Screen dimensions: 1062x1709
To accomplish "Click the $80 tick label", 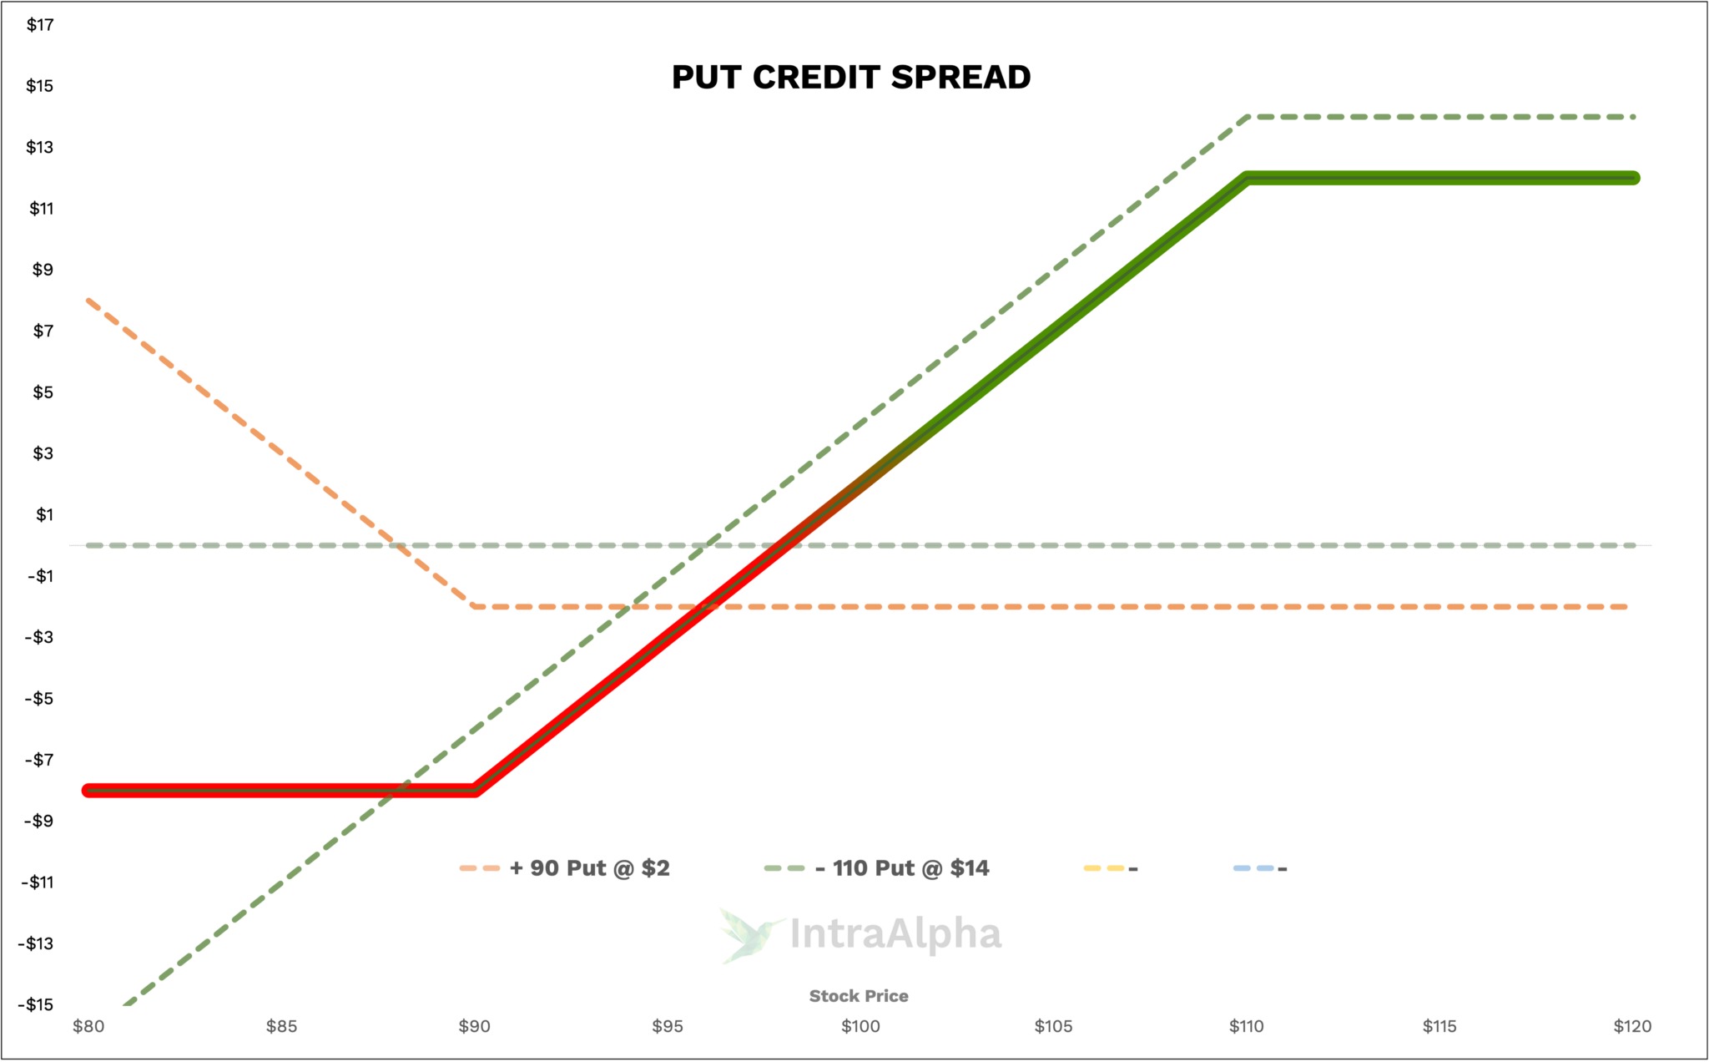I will click(x=88, y=1026).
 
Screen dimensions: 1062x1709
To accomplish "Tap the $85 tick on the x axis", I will click(x=282, y=1026).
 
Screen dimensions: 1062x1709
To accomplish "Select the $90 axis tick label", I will click(x=475, y=1026).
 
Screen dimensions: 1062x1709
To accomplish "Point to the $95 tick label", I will click(x=668, y=1026).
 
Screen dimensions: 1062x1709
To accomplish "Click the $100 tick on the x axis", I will click(x=860, y=1026).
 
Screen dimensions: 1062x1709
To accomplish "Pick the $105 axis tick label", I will click(x=1053, y=1026).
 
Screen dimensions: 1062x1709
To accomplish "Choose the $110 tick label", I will click(x=1246, y=1026).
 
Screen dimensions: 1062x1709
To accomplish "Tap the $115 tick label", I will click(x=1439, y=1026).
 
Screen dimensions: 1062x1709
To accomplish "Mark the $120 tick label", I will click(x=1632, y=1026).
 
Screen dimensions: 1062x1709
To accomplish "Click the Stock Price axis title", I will click(x=859, y=996).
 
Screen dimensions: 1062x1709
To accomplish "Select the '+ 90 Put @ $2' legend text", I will click(x=589, y=868).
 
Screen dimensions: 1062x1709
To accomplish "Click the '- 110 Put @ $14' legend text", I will click(x=902, y=868).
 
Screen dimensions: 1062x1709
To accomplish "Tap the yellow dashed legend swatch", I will click(x=1103, y=868).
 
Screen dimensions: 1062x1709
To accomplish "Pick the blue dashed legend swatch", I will click(x=1253, y=868).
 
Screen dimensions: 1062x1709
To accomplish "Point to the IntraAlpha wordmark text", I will click(x=895, y=934).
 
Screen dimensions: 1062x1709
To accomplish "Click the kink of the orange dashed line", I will click(x=473, y=605).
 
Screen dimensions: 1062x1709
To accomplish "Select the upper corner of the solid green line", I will click(x=1247, y=177).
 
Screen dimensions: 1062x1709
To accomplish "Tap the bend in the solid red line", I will click(x=475, y=790).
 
